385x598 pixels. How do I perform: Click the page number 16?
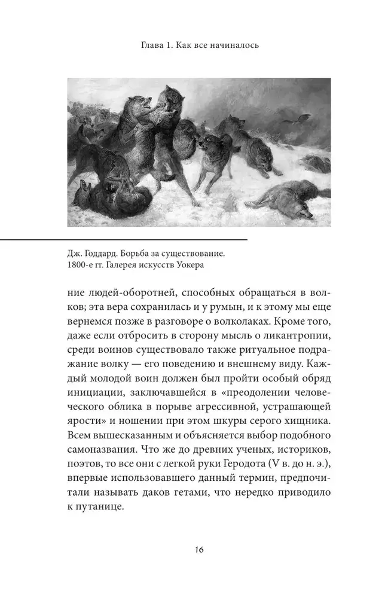[x=192, y=550]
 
